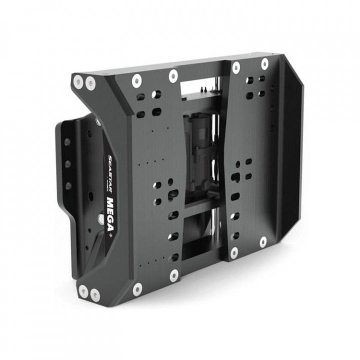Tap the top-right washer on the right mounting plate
click(264, 63)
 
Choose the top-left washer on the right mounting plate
click(234, 67)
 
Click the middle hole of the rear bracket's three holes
click(67, 163)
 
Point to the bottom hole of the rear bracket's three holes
click(67, 186)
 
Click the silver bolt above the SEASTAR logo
click(97, 121)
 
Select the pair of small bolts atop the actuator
click(202, 88)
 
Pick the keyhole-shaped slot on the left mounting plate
click(172, 192)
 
